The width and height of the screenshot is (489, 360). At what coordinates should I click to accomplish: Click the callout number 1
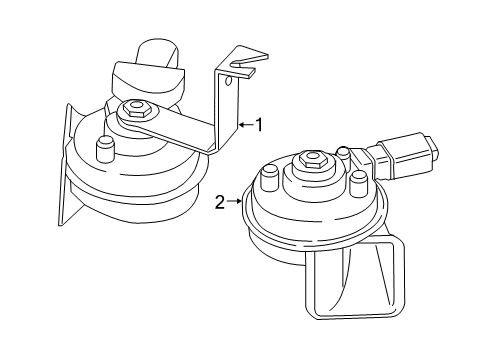tap(258, 125)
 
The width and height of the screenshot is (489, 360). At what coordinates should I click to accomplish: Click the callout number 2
tap(219, 202)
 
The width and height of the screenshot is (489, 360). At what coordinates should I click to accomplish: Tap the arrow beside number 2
tap(235, 202)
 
